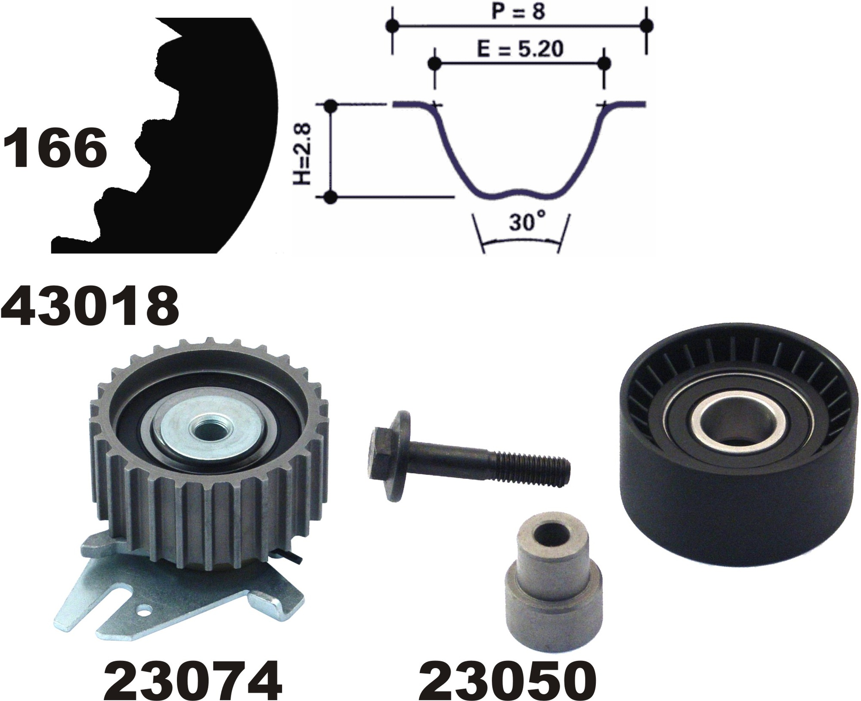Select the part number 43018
click(90, 305)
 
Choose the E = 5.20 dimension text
click(520, 50)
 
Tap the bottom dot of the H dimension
click(330, 197)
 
